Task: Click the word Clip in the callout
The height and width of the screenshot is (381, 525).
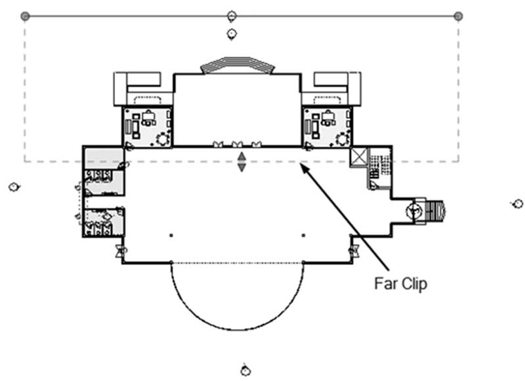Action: coord(414,284)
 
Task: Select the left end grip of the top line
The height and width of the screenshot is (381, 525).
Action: coord(25,16)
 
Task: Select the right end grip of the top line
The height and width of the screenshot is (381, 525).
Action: coord(458,16)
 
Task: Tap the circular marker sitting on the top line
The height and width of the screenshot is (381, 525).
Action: coord(232,16)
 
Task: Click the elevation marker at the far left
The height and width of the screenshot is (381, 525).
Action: coord(14,187)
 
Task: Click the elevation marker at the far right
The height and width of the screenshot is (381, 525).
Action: coord(518,203)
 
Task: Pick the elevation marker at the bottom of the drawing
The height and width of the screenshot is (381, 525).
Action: coord(245,371)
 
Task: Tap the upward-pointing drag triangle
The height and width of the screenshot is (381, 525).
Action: coord(241,156)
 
